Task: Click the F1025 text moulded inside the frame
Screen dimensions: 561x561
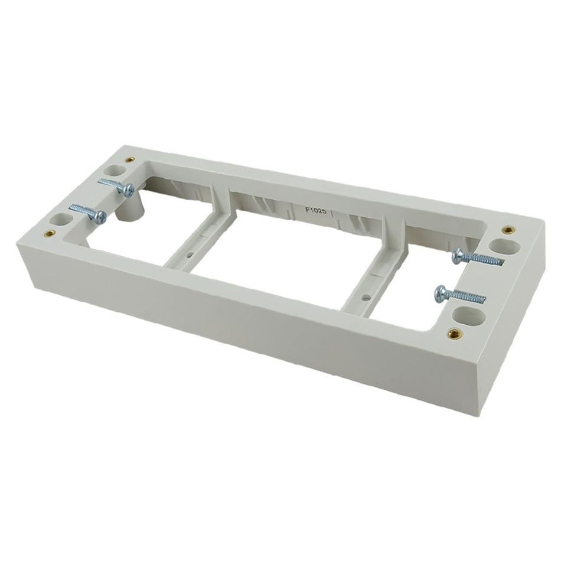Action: (315, 208)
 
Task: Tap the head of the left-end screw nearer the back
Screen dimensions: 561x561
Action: (127, 189)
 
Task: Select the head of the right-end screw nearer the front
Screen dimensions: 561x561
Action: (440, 291)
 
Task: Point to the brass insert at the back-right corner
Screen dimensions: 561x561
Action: (506, 230)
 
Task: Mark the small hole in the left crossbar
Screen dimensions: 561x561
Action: (190, 257)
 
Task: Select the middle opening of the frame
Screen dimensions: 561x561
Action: (283, 248)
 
